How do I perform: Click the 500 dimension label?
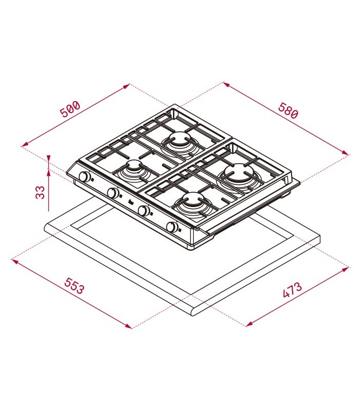[69, 108]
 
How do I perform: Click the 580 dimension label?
[289, 110]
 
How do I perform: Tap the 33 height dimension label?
[40, 193]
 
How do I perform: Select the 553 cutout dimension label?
[75, 286]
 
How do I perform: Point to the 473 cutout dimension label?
[292, 290]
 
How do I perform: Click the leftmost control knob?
[84, 177]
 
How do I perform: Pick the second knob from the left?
[113, 193]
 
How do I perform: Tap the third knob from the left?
[143, 210]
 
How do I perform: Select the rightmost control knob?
[172, 227]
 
